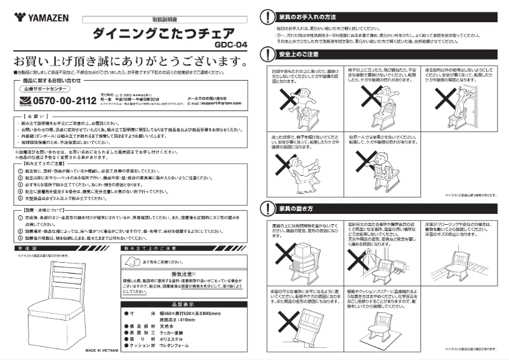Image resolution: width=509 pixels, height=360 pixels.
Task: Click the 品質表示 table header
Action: pyautogui.click(x=185, y=304)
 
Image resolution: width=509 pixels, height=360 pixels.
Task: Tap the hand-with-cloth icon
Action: pyautogui.click(x=129, y=261)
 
